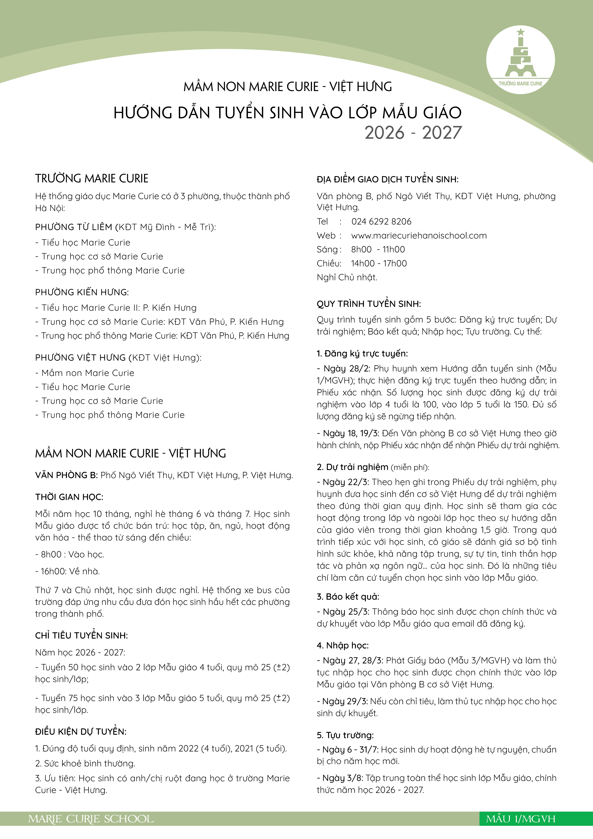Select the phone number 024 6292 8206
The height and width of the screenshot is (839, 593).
pyautogui.click(x=381, y=221)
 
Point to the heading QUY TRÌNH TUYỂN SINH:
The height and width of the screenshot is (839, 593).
pyautogui.click(x=369, y=304)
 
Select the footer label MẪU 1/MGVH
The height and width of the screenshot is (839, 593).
pyautogui.click(x=520, y=819)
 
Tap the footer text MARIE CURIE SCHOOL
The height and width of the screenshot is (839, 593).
pyautogui.click(x=91, y=819)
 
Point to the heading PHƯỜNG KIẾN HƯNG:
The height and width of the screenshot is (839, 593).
pyautogui.click(x=82, y=292)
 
